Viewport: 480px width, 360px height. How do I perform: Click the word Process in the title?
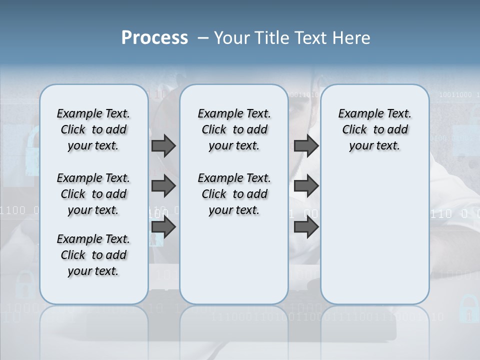pyautogui.click(x=154, y=37)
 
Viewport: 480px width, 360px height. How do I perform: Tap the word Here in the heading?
pyautogui.click(x=351, y=37)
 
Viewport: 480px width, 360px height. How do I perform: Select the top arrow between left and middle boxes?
pyautogui.click(x=163, y=146)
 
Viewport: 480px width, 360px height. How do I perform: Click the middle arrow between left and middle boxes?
pyautogui.click(x=163, y=186)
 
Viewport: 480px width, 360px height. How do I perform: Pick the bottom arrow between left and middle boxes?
pyautogui.click(x=163, y=227)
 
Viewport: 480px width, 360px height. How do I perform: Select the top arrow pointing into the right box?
pyautogui.click(x=306, y=146)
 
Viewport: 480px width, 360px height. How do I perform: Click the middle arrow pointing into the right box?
pyautogui.click(x=306, y=186)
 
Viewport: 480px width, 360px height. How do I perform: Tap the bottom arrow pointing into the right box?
pyautogui.click(x=306, y=227)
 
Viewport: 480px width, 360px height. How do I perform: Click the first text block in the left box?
pyautogui.click(x=93, y=129)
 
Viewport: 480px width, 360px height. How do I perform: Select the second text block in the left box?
pyautogui.click(x=93, y=194)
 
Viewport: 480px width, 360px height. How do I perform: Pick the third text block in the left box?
pyautogui.click(x=93, y=255)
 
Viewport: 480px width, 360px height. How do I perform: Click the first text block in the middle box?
pyautogui.click(x=234, y=129)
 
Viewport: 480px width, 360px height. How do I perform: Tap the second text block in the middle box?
pyautogui.click(x=234, y=194)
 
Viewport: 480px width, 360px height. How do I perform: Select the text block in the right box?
pyautogui.click(x=374, y=129)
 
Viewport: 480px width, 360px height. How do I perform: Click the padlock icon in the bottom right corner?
pyautogui.click(x=468, y=308)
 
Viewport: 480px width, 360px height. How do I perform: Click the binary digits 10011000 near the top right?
pyautogui.click(x=455, y=94)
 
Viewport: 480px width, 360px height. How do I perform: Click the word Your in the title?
pyautogui.click(x=230, y=37)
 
